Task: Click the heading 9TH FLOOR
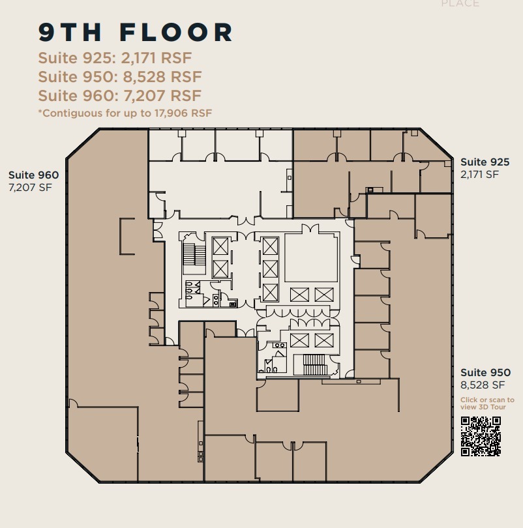click(136, 32)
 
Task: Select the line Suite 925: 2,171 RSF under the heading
click(115, 58)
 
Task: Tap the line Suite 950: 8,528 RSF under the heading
click(120, 77)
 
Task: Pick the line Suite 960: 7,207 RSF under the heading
click(119, 96)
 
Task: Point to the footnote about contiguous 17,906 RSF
click(125, 113)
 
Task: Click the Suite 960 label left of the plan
click(33, 175)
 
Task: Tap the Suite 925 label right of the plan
click(485, 162)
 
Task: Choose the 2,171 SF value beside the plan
click(479, 175)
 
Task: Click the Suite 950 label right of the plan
click(485, 373)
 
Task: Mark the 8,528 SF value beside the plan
click(483, 385)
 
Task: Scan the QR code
click(481, 436)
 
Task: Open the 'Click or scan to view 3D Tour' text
click(486, 403)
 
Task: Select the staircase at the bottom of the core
click(314, 365)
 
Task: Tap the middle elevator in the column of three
click(270, 269)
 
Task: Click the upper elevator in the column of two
click(220, 246)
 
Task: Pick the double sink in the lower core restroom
click(280, 345)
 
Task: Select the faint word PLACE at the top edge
click(460, 4)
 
